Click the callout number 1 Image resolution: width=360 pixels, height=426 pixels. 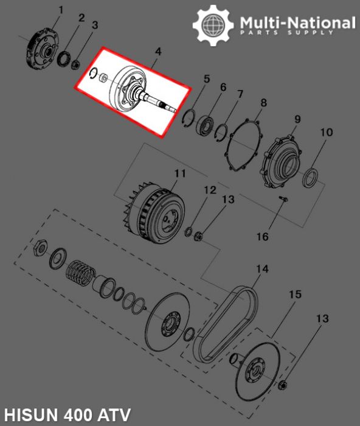(61, 10)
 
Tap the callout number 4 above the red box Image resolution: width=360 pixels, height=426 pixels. (157, 53)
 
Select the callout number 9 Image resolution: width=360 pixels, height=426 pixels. (297, 118)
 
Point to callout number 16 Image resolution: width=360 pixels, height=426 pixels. (261, 237)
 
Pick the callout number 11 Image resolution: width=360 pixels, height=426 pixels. (179, 174)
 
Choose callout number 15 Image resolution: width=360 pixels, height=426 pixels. (294, 295)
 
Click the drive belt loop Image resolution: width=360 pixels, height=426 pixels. (224, 323)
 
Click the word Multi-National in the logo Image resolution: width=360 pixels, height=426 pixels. (297, 23)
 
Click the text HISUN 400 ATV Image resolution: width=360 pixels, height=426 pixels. (66, 416)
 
